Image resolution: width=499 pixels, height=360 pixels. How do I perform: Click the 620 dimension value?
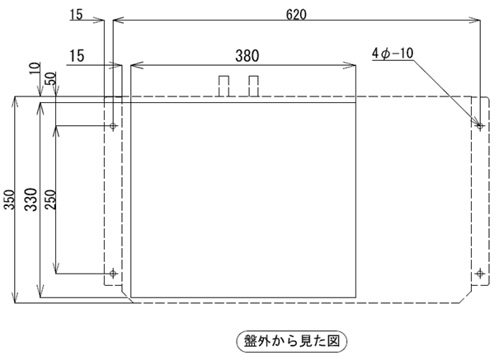[296, 15]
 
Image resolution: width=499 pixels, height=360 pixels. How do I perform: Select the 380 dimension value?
[247, 56]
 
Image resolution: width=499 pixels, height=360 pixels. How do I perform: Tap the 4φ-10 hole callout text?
[393, 53]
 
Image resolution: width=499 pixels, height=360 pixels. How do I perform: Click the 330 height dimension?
[31, 199]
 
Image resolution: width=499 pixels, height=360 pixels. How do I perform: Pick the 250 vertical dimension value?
[50, 199]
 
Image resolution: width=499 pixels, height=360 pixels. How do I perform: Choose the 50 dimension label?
[50, 78]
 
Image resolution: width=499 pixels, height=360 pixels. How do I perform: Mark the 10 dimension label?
[35, 68]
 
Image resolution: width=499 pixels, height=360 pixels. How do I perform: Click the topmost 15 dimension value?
[77, 15]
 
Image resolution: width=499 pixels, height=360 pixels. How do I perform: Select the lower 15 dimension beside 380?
[77, 56]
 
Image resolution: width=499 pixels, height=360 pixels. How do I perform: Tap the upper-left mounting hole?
[113, 126]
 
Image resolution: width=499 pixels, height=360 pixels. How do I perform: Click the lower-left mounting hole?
[113, 274]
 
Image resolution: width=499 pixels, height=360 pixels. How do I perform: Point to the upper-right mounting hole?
[480, 126]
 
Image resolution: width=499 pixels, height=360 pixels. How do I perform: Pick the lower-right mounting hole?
[480, 274]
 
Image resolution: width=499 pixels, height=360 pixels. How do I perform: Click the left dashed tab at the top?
[224, 86]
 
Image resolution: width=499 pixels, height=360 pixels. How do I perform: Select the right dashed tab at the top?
[253, 86]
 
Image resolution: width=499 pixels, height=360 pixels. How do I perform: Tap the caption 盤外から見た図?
[291, 342]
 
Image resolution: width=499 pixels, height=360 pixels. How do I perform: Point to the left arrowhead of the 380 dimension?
[135, 66]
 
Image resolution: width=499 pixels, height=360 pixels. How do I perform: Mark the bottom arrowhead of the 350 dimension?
[15, 298]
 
